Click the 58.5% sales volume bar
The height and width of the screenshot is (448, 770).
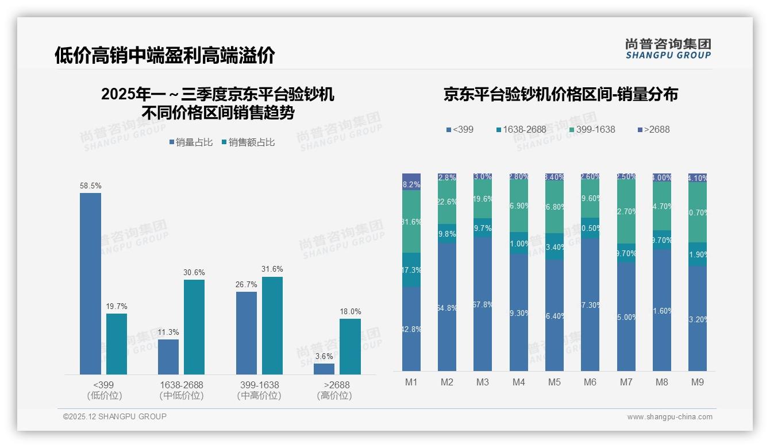coord(90,284)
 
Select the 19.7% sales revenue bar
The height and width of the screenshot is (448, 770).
coord(117,344)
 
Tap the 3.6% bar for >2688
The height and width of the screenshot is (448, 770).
coord(324,369)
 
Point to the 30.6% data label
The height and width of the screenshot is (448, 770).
coord(194,273)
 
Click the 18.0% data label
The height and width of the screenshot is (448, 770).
coord(351,312)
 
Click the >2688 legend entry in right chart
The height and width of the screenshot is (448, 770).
coord(653,130)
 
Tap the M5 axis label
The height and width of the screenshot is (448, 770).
coord(554,383)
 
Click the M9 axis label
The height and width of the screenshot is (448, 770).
coord(697,383)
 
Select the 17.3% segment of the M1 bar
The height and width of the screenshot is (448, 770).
coord(411,269)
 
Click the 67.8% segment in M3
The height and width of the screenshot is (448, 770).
coord(483,304)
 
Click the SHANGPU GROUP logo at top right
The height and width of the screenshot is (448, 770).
coord(668,49)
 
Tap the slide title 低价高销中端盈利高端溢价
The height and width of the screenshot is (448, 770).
coord(165,56)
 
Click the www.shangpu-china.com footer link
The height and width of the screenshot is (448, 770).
coord(669,417)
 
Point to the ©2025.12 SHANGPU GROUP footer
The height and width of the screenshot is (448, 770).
coord(115,416)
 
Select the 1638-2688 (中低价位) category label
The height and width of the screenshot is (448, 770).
coord(181,390)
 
